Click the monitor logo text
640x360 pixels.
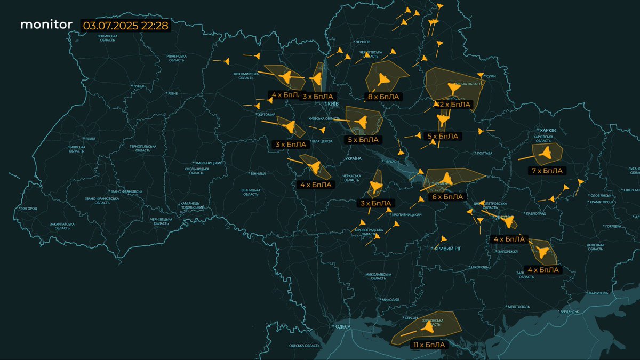point(46,25)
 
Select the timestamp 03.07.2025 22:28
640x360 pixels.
point(126,25)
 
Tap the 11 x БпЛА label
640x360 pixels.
point(427,345)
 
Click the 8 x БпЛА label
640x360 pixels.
point(384,97)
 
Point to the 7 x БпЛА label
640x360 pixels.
point(547,171)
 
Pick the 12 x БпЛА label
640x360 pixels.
point(453,105)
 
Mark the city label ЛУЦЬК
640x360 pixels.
point(139,85)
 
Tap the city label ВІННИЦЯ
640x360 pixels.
point(258,173)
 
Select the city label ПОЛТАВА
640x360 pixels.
point(484,154)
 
